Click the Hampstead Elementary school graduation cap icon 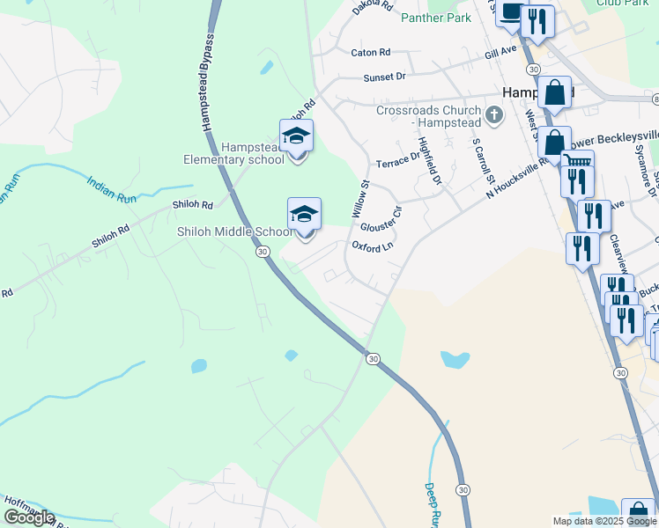pos(297,136)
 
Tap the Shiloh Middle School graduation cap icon pos(304,215)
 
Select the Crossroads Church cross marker pos(494,114)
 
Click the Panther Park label pos(435,18)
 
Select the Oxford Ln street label pos(373,247)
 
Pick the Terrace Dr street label pos(398,160)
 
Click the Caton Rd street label pos(370,53)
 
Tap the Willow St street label pos(360,199)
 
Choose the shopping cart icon pos(577,162)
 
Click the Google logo pos(29,517)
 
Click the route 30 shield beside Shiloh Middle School pos(263,252)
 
